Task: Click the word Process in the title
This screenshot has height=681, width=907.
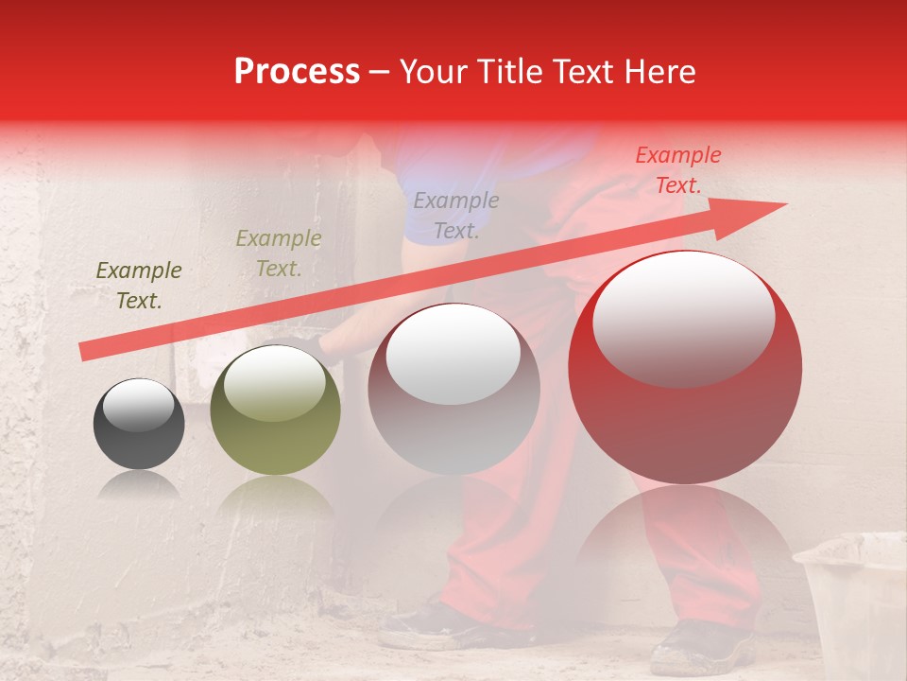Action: pos(297,72)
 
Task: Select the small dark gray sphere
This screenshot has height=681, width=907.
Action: pos(139,424)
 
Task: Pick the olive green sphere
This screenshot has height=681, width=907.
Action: pos(275,410)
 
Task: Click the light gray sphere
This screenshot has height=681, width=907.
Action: pos(453,389)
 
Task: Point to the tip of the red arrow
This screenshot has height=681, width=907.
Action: pos(784,204)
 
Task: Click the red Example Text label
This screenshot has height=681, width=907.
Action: pos(678,170)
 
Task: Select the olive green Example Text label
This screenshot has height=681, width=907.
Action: pos(279,253)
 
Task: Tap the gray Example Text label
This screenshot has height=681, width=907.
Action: pos(456,215)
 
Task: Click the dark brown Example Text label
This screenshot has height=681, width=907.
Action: pos(139,286)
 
